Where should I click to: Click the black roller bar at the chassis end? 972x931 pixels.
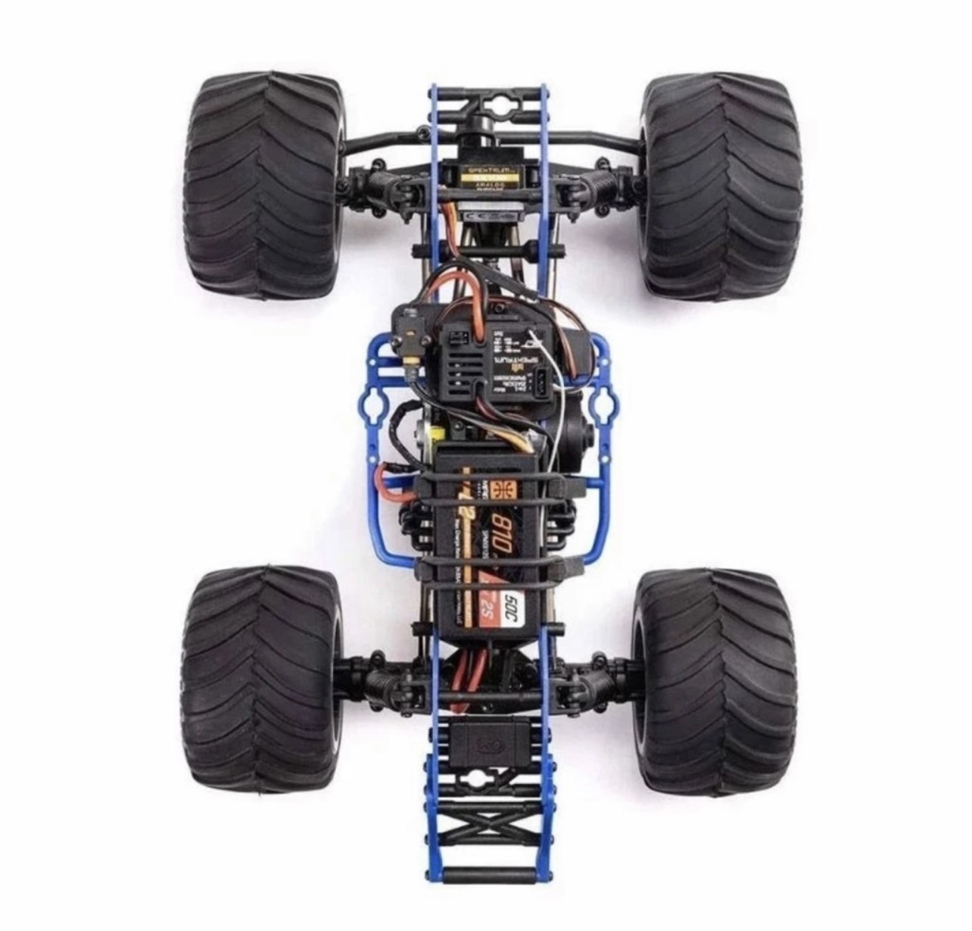point(484,898)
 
